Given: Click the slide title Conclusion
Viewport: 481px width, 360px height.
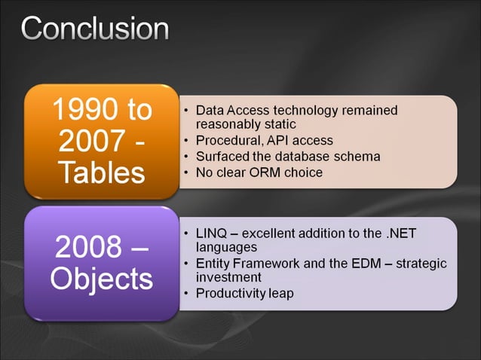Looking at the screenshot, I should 95,29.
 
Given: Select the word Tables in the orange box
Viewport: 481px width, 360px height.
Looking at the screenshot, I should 100,172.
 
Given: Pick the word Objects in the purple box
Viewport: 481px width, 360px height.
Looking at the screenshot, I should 100,279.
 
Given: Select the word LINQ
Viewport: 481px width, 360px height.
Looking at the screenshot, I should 213,233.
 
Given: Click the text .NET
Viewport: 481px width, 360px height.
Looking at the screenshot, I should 402,233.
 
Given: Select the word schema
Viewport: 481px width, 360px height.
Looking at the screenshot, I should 357,156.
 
